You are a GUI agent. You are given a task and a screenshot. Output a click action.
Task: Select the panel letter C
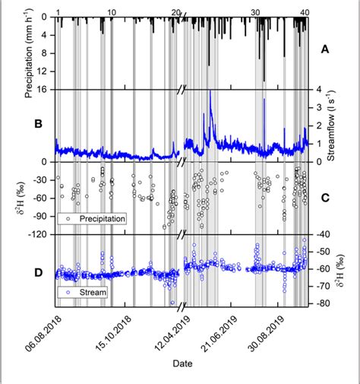(325, 199)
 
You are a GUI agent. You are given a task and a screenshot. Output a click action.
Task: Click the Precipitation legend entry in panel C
(95, 218)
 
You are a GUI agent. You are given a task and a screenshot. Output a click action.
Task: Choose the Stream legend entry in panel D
(84, 290)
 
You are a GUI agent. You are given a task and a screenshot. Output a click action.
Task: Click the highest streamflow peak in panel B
(210, 92)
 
